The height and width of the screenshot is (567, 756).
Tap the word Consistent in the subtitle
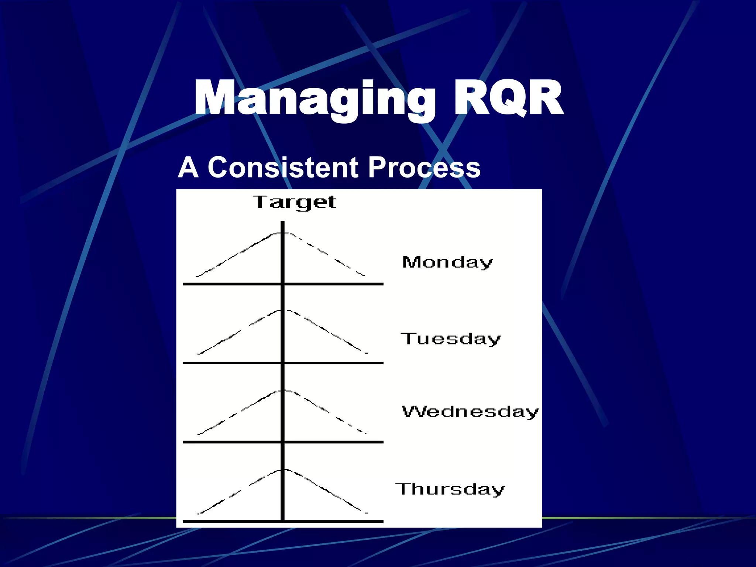[283, 168]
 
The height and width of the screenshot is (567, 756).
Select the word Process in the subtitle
[424, 168]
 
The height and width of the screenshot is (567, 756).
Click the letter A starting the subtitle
[188, 168]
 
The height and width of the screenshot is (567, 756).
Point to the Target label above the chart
[294, 203]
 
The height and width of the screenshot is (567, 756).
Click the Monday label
[447, 263]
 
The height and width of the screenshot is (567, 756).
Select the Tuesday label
[451, 339]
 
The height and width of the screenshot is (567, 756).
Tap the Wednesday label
[470, 412]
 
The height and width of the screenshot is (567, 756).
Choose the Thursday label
[450, 489]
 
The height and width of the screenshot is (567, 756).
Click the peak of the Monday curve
[283, 233]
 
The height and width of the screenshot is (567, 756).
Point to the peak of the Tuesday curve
[283, 310]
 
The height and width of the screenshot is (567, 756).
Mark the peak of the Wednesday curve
[283, 390]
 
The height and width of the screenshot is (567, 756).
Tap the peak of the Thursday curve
[283, 470]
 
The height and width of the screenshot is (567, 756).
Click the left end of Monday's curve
[197, 276]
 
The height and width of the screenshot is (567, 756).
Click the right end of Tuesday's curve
[366, 353]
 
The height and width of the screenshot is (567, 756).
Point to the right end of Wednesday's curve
[365, 433]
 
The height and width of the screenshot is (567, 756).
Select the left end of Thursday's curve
[199, 513]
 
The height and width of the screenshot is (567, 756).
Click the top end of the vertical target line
[283, 222]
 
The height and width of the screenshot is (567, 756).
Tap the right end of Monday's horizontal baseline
[382, 284]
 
